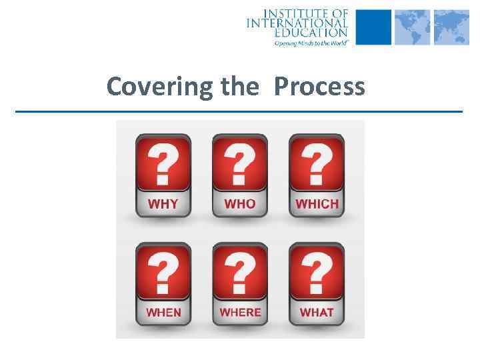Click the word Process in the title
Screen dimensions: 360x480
point(319,87)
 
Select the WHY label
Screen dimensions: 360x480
point(163,204)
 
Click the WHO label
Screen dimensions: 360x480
point(239,204)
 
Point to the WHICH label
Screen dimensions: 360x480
point(317,204)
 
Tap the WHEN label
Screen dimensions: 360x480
point(163,312)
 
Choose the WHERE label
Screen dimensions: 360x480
point(240,312)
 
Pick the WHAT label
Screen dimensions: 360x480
point(317,312)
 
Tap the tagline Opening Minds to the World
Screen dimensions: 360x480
point(311,42)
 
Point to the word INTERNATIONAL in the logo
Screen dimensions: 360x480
point(297,23)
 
